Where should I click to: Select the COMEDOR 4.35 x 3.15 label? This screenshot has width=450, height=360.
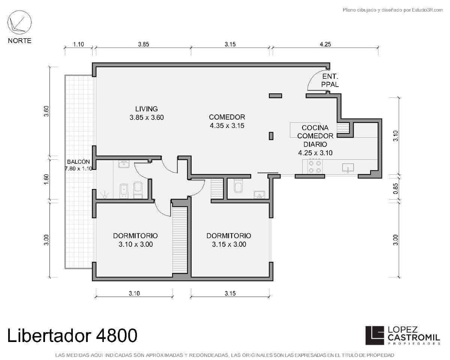click(x=227, y=121)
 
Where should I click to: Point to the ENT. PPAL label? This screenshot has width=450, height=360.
click(x=330, y=80)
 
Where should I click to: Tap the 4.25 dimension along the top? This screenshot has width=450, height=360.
click(x=325, y=44)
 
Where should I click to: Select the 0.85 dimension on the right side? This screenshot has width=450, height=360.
click(x=395, y=189)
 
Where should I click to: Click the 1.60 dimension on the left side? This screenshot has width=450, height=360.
click(x=46, y=179)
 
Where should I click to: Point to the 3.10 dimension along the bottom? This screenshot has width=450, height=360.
click(x=134, y=294)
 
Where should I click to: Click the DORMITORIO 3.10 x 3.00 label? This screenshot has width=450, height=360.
click(x=135, y=240)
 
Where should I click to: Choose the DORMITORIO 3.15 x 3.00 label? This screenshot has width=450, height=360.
click(x=229, y=240)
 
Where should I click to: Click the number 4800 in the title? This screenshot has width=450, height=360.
click(x=116, y=336)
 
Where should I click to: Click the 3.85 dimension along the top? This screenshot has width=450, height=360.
click(x=144, y=44)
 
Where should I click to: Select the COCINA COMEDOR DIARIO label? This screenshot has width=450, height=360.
click(x=315, y=140)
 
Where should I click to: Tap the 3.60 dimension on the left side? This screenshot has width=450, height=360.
click(x=46, y=111)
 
